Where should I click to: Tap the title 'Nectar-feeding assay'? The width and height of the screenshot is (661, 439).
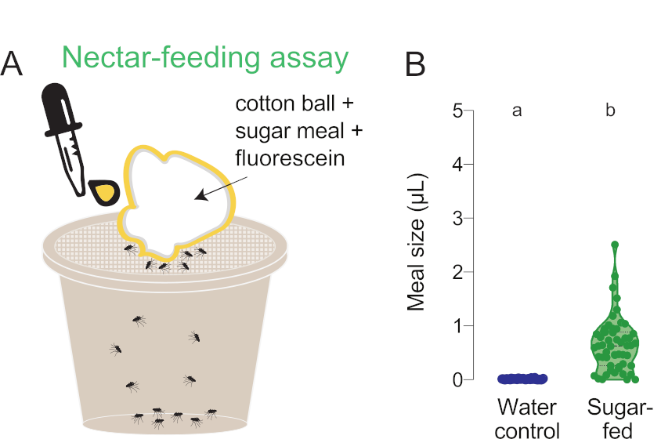[204, 58]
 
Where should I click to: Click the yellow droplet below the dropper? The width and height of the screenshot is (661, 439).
[103, 191]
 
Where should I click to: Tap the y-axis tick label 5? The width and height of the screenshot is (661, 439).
[457, 111]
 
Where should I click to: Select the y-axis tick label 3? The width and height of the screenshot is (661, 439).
[457, 218]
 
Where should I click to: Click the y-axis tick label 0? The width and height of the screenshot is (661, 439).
[457, 379]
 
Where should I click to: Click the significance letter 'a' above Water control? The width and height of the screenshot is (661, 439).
[517, 111]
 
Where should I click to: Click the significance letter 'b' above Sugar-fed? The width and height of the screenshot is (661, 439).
[610, 111]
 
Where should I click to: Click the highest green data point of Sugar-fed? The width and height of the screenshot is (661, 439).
[615, 245]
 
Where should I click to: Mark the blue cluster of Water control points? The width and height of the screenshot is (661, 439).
[522, 379]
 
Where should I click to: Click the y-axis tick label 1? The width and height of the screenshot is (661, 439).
[457, 325]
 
